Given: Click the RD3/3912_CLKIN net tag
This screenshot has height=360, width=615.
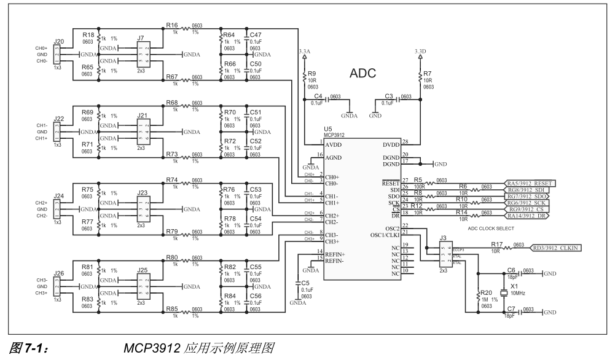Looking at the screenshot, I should [557, 247].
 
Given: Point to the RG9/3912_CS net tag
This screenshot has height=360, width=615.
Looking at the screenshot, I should [527, 209].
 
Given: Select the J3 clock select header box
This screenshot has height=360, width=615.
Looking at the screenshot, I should [445, 254].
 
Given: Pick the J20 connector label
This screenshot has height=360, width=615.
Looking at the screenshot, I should [59, 42].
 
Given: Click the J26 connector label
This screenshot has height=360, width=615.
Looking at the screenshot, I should [59, 273].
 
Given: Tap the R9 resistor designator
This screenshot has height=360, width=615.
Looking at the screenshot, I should [311, 74].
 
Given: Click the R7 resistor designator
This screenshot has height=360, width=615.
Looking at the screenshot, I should [427, 74].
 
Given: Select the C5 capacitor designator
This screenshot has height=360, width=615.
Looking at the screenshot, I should [298, 283].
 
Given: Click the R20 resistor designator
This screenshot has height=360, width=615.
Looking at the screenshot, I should [486, 293].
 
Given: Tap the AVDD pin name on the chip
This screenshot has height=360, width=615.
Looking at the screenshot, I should [335, 145].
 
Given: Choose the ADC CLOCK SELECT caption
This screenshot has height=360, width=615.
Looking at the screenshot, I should [490, 229].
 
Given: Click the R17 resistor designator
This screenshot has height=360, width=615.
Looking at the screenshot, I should [497, 244].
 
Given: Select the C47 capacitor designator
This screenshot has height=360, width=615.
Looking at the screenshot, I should [256, 35].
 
